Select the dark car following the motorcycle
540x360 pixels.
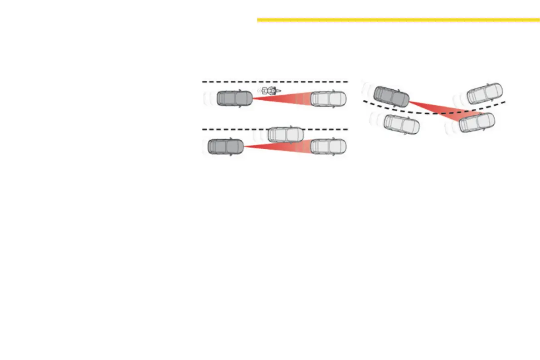234,98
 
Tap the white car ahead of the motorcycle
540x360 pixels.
328,98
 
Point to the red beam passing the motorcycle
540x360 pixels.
286,97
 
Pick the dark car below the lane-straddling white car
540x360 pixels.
225,147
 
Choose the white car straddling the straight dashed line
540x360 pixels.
285,134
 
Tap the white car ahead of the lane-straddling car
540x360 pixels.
328,146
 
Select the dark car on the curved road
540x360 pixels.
391,97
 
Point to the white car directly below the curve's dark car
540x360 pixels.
401,124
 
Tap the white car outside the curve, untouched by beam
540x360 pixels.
485,93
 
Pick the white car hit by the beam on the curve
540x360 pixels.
477,122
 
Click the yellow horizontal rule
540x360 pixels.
398,20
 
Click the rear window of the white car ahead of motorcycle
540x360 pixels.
317,98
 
